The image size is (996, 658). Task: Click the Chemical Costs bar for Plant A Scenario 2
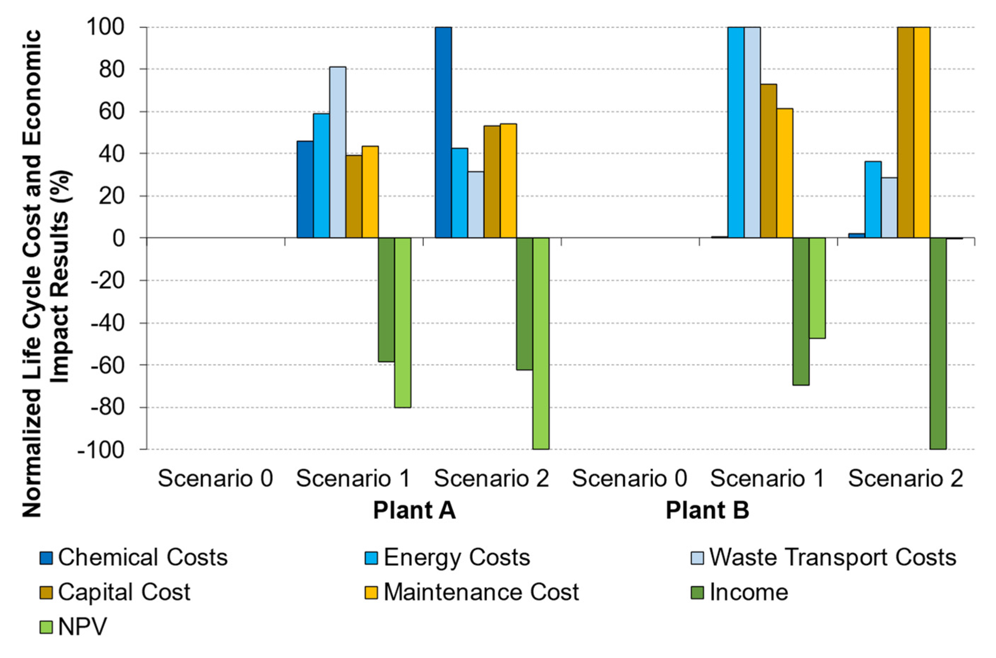pos(443,133)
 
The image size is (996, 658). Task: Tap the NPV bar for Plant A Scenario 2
pos(541,343)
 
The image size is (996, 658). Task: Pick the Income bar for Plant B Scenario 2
pos(938,343)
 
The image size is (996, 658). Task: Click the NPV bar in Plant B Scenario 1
pos(817,288)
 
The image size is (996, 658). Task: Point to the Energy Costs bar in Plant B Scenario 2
pos(873,200)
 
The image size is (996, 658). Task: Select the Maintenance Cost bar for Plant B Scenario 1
pos(785,173)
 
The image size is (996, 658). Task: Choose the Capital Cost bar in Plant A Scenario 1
pos(354,197)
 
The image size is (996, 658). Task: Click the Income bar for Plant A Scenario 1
pos(386,300)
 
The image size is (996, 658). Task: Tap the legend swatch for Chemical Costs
pos(46,558)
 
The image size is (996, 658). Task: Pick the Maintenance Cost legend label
pos(481,592)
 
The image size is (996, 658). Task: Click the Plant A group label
pos(415,511)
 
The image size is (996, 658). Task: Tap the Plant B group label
pos(707,511)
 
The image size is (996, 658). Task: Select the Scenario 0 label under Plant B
pos(629,479)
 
